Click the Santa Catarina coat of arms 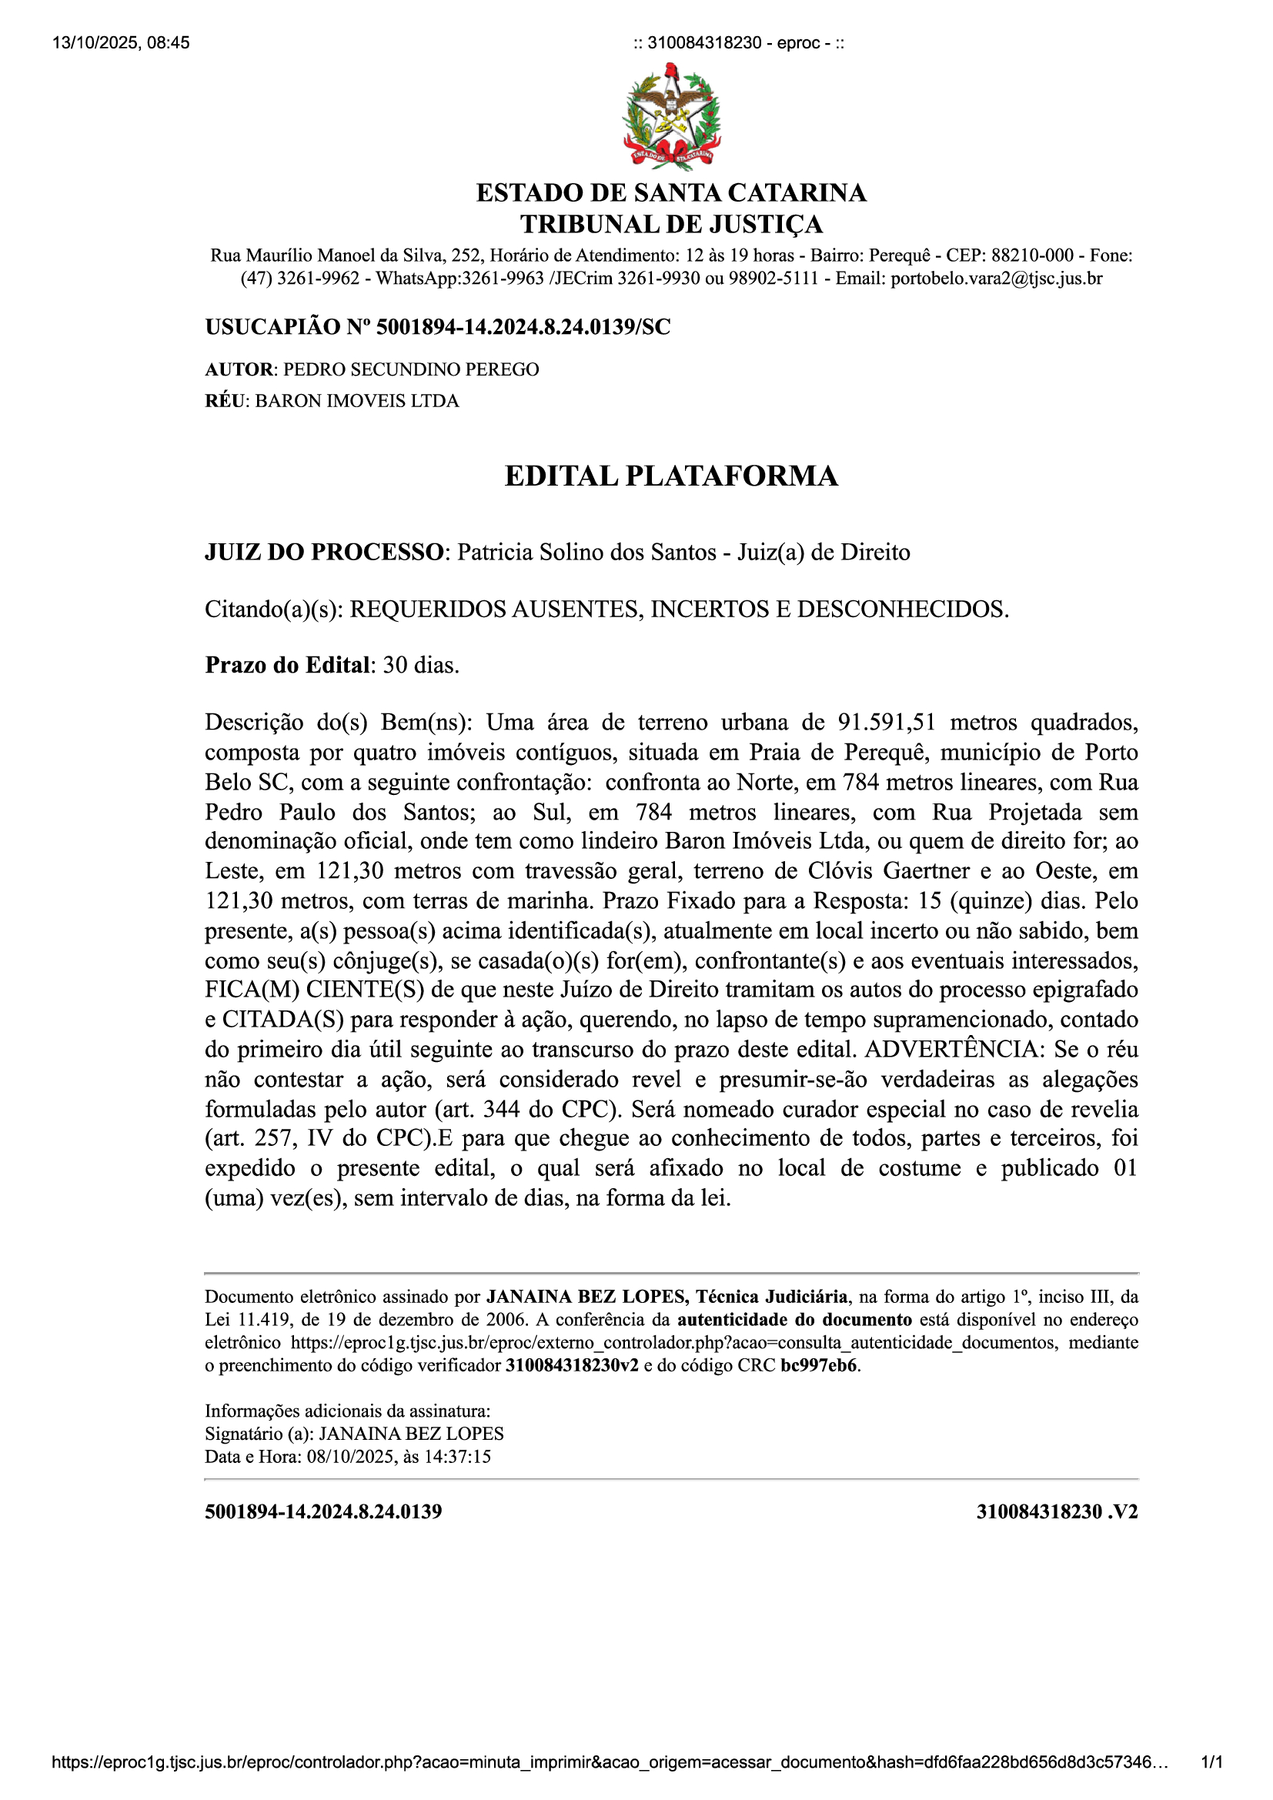pyautogui.click(x=671, y=117)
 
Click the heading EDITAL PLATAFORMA pyautogui.click(x=671, y=476)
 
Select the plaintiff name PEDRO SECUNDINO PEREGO pyautogui.click(x=411, y=369)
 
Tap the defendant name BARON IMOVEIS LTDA pyautogui.click(x=356, y=401)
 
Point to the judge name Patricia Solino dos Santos pyautogui.click(x=586, y=552)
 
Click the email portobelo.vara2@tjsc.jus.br pyautogui.click(x=996, y=279)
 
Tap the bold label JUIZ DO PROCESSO pyautogui.click(x=324, y=552)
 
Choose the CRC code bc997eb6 pyautogui.click(x=818, y=1365)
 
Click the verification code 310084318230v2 pyautogui.click(x=571, y=1365)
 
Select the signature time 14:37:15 pyautogui.click(x=461, y=1457)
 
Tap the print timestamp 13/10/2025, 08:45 pyautogui.click(x=121, y=42)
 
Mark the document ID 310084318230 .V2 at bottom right pyautogui.click(x=1057, y=1511)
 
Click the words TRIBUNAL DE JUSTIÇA pyautogui.click(x=671, y=224)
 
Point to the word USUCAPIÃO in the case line pyautogui.click(x=272, y=327)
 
